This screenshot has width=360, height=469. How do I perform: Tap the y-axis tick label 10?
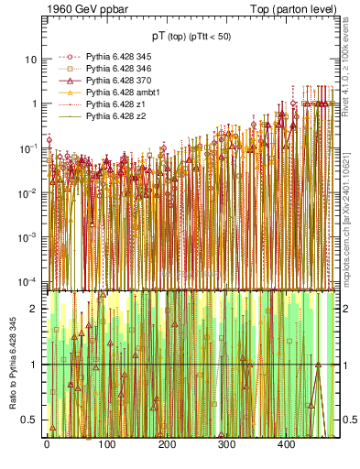(x=31, y=59)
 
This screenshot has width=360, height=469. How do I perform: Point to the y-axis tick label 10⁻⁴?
(x=27, y=280)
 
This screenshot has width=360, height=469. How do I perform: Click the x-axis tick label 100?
(x=106, y=444)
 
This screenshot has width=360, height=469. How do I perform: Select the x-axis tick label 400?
(x=287, y=444)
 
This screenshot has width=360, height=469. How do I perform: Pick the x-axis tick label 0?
(x=47, y=444)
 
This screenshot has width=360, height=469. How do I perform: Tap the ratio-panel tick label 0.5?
(x=31, y=420)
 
